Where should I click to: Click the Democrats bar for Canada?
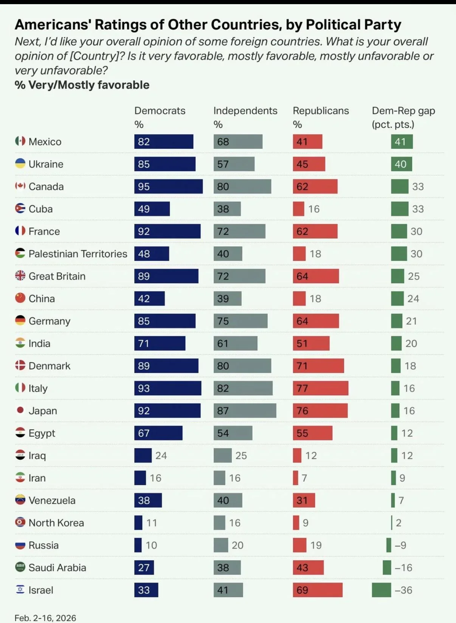pyautogui.click(x=168, y=187)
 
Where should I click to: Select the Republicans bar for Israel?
pyautogui.click(x=318, y=590)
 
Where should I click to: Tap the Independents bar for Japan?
pyautogui.click(x=245, y=411)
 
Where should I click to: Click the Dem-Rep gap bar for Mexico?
pyautogui.click(x=402, y=142)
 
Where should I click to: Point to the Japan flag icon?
pyautogui.click(x=20, y=410)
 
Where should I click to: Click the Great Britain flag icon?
pyautogui.click(x=20, y=276)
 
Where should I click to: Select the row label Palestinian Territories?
pyautogui.click(x=78, y=254)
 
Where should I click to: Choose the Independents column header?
pyautogui.click(x=245, y=111)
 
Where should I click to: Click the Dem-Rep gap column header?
pyautogui.click(x=403, y=111)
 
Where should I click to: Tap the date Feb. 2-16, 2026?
pyautogui.click(x=45, y=618)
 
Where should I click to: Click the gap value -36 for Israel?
pyautogui.click(x=403, y=590)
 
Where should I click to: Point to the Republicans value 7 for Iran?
pyautogui.click(x=304, y=478)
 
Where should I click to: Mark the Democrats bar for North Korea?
pyautogui.click(x=138, y=523)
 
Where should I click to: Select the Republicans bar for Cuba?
pyautogui.click(x=298, y=209)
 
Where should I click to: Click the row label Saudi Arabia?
pyautogui.click(x=57, y=567)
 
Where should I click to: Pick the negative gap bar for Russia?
pyautogui.click(x=389, y=545)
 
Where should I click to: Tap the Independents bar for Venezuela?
pyautogui.click(x=228, y=500)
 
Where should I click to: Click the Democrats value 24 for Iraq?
pyautogui.click(x=161, y=456)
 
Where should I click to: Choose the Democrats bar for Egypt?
pyautogui.click(x=158, y=433)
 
